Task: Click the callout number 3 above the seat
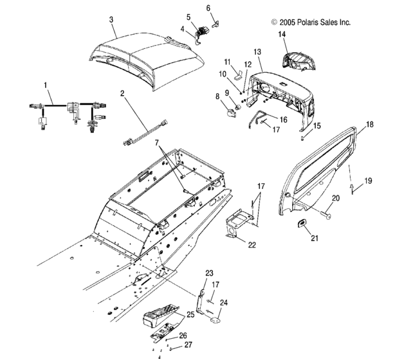pyautogui.click(x=111, y=20)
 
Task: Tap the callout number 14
pyautogui.click(x=282, y=34)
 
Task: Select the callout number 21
pyautogui.click(x=315, y=239)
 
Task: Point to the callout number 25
pyautogui.click(x=190, y=314)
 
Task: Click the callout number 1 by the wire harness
pyautogui.click(x=46, y=85)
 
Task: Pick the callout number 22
pyautogui.click(x=252, y=245)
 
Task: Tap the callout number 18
pyautogui.click(x=369, y=124)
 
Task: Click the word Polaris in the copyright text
pyautogui.click(x=308, y=22)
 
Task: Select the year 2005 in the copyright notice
pyautogui.click(x=288, y=22)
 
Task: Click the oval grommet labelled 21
pyautogui.click(x=300, y=224)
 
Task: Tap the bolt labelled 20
pyautogui.click(x=326, y=213)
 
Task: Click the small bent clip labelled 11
pyautogui.click(x=238, y=75)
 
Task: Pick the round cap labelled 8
pyautogui.click(x=231, y=113)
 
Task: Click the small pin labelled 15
pyautogui.click(x=302, y=138)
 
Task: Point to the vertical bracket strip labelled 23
pyautogui.click(x=201, y=301)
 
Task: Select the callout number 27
pyautogui.click(x=188, y=345)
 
